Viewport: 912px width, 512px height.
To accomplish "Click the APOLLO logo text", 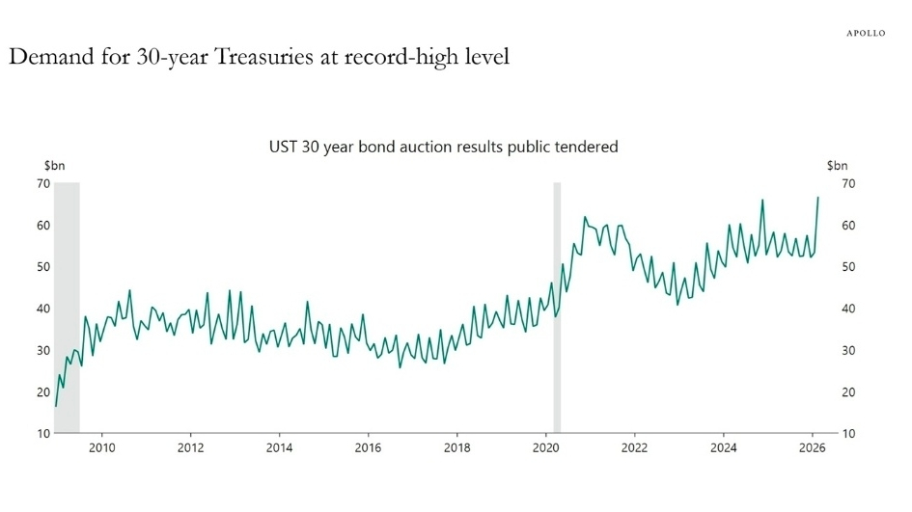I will click(865, 33).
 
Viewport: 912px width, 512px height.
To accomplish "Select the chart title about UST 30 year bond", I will click(443, 148).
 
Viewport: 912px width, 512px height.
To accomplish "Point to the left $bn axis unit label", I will click(54, 166).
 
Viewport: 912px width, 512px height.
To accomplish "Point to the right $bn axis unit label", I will click(837, 166).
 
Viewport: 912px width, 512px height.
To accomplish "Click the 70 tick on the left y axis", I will click(44, 183).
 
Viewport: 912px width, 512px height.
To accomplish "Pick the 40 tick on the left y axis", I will click(44, 309).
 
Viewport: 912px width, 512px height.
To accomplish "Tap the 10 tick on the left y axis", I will click(44, 434).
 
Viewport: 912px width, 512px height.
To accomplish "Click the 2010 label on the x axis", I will click(102, 447).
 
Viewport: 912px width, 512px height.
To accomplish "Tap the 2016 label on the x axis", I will click(368, 447).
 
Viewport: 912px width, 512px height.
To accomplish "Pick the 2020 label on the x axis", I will click(545, 447).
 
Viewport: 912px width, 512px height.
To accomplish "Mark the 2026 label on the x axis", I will click(812, 447).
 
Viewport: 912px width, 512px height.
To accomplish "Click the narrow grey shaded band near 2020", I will click(557, 309).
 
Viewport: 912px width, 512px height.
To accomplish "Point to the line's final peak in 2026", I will click(818, 198).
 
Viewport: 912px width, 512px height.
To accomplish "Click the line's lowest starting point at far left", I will click(55, 406).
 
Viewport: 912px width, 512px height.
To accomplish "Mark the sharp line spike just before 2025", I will click(762, 201).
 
